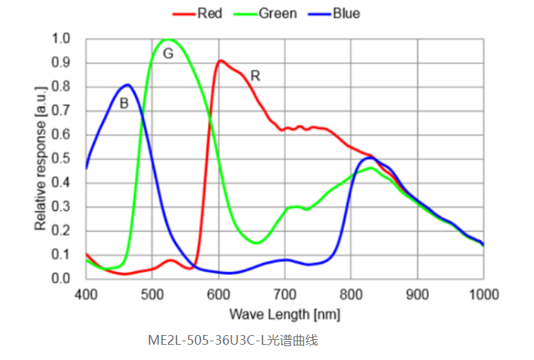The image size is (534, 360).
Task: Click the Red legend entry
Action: [204, 13]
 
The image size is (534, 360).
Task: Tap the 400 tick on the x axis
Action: [85, 294]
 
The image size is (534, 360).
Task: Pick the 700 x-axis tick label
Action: [284, 294]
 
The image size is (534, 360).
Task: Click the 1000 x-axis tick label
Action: [483, 294]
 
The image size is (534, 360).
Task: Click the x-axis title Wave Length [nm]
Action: [284, 315]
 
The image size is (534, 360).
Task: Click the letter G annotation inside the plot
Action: [168, 53]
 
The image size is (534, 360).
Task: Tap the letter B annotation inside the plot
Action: [124, 104]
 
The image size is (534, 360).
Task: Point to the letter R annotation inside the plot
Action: [255, 76]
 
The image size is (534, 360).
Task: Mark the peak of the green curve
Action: [167, 40]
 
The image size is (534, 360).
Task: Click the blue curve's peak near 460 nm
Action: [126, 85]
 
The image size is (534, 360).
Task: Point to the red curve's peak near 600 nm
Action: [221, 61]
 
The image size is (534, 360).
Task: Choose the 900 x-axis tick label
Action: [417, 294]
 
